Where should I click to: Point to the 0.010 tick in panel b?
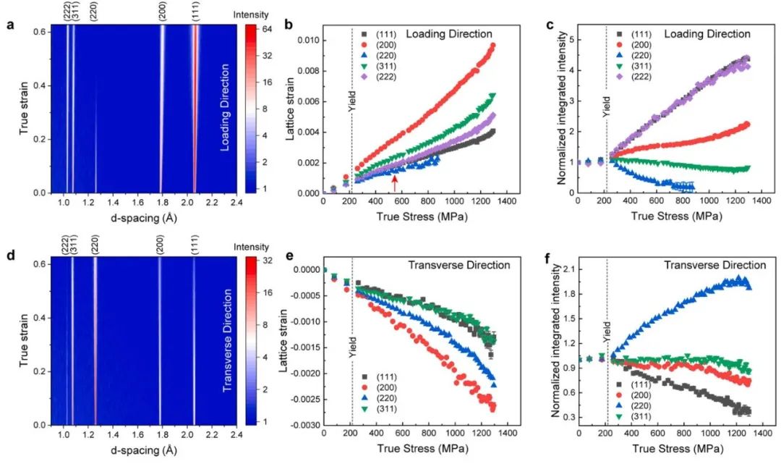point(302,39)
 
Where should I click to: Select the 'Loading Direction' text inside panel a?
point(225,107)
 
